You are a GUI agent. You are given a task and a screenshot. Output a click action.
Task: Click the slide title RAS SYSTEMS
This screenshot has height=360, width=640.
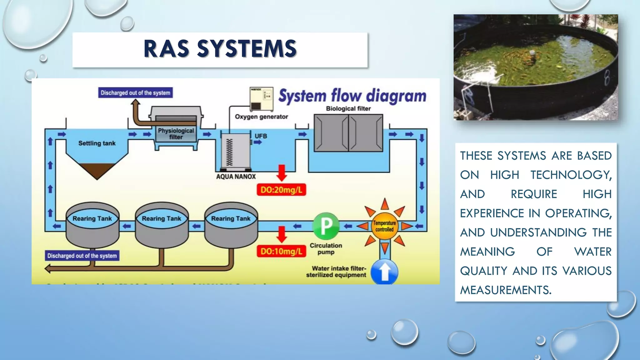click(220, 49)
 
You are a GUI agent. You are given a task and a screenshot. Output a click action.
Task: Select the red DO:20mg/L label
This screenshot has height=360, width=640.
click(281, 190)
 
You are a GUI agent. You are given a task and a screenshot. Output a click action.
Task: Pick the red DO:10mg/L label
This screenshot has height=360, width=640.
click(281, 251)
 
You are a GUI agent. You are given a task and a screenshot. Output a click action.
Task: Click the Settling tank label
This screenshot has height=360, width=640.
click(97, 143)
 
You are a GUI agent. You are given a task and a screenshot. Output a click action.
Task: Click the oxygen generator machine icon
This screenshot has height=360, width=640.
click(261, 99)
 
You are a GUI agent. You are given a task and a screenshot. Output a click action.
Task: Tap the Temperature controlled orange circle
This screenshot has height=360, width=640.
click(384, 226)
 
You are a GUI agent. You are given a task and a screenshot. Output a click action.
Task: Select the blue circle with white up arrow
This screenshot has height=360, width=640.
click(384, 271)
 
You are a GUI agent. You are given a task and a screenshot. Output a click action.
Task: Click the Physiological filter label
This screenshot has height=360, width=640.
click(176, 134)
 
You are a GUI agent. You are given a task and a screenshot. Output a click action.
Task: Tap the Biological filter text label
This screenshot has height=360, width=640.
click(348, 108)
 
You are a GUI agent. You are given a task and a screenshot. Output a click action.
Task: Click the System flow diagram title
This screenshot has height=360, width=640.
click(352, 96)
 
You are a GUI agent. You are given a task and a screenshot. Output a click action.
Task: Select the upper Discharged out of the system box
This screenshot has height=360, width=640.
click(135, 93)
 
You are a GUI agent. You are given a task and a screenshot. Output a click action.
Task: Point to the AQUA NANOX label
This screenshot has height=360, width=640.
click(236, 177)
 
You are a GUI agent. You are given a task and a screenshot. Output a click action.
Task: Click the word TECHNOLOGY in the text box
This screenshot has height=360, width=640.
click(571, 175)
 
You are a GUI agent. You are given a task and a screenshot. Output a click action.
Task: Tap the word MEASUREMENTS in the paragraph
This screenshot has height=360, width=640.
click(505, 290)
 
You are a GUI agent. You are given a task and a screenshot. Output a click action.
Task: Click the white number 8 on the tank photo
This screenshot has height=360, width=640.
click(606, 78)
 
